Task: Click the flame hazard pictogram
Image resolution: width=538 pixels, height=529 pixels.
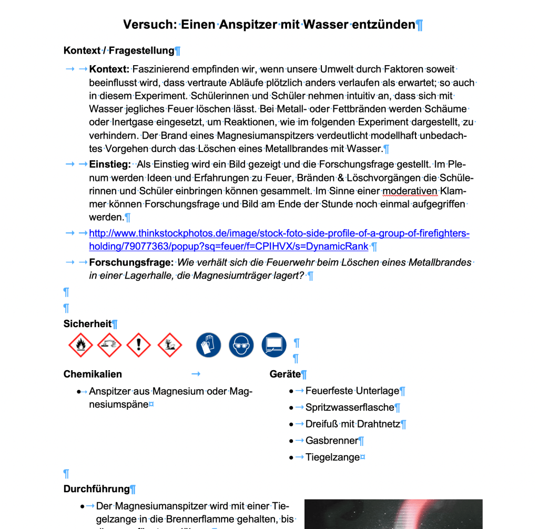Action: tap(80, 345)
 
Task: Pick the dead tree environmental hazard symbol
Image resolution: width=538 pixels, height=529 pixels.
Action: tap(169, 345)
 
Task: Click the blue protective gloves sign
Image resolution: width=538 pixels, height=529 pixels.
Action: tap(209, 345)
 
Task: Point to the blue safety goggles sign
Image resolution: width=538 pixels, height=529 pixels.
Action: tap(241, 345)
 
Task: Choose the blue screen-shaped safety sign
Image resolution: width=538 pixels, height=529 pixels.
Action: tap(273, 345)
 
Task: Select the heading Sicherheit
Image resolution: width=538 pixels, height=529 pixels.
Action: tap(87, 324)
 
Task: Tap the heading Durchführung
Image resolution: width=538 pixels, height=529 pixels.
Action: tap(96, 489)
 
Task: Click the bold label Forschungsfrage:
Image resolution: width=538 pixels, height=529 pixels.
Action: tap(131, 262)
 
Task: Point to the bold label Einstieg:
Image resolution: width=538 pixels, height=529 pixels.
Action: tap(110, 165)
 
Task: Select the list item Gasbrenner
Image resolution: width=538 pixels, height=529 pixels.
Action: tap(331, 441)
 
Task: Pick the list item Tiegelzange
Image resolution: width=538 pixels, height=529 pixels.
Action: tap(332, 457)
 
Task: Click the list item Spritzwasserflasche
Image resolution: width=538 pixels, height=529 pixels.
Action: tap(349, 408)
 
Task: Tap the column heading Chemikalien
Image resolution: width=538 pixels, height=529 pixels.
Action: tap(93, 374)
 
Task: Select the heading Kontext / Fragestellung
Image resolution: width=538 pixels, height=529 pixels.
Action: tap(118, 50)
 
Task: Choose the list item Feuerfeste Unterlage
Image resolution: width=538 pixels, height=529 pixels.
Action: tap(352, 391)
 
